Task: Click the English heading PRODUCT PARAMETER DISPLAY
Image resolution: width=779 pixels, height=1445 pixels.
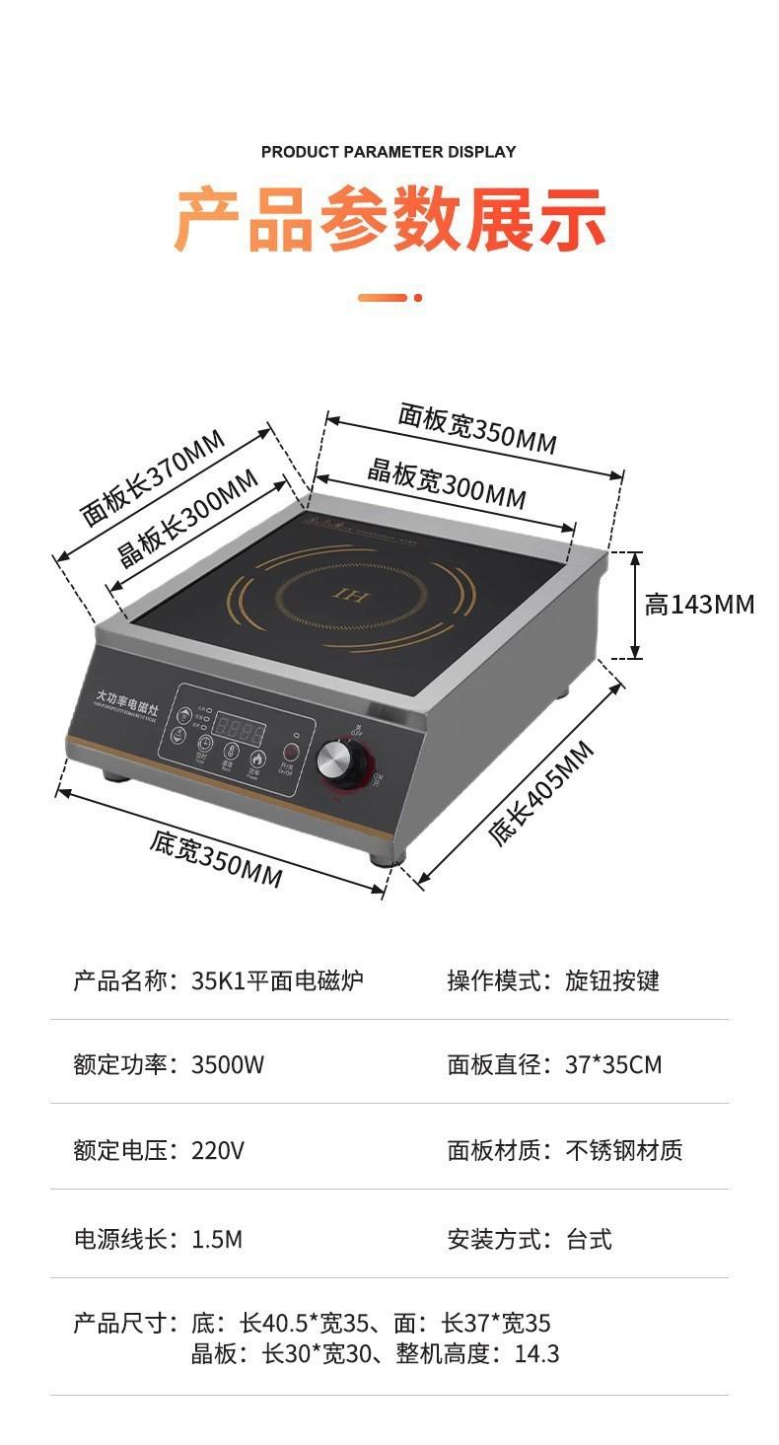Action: (x=389, y=152)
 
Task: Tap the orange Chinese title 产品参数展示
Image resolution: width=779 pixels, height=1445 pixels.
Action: (x=389, y=219)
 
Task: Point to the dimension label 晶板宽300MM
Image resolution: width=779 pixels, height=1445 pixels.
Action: (x=447, y=482)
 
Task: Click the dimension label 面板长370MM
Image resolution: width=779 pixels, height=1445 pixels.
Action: (x=153, y=477)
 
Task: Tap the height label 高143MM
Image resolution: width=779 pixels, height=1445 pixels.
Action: (x=699, y=604)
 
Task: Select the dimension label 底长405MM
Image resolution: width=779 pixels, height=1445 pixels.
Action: (x=541, y=793)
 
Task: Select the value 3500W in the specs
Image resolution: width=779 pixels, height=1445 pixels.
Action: (x=228, y=1065)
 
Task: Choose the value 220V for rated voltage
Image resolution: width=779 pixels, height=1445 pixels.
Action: (x=218, y=1150)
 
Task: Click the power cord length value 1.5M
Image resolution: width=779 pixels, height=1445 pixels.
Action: (x=217, y=1239)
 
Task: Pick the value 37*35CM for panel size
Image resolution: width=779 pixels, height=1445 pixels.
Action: (x=613, y=1065)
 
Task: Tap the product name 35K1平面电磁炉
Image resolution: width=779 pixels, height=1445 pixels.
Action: (x=277, y=980)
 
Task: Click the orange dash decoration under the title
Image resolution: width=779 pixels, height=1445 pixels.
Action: (x=389, y=297)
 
